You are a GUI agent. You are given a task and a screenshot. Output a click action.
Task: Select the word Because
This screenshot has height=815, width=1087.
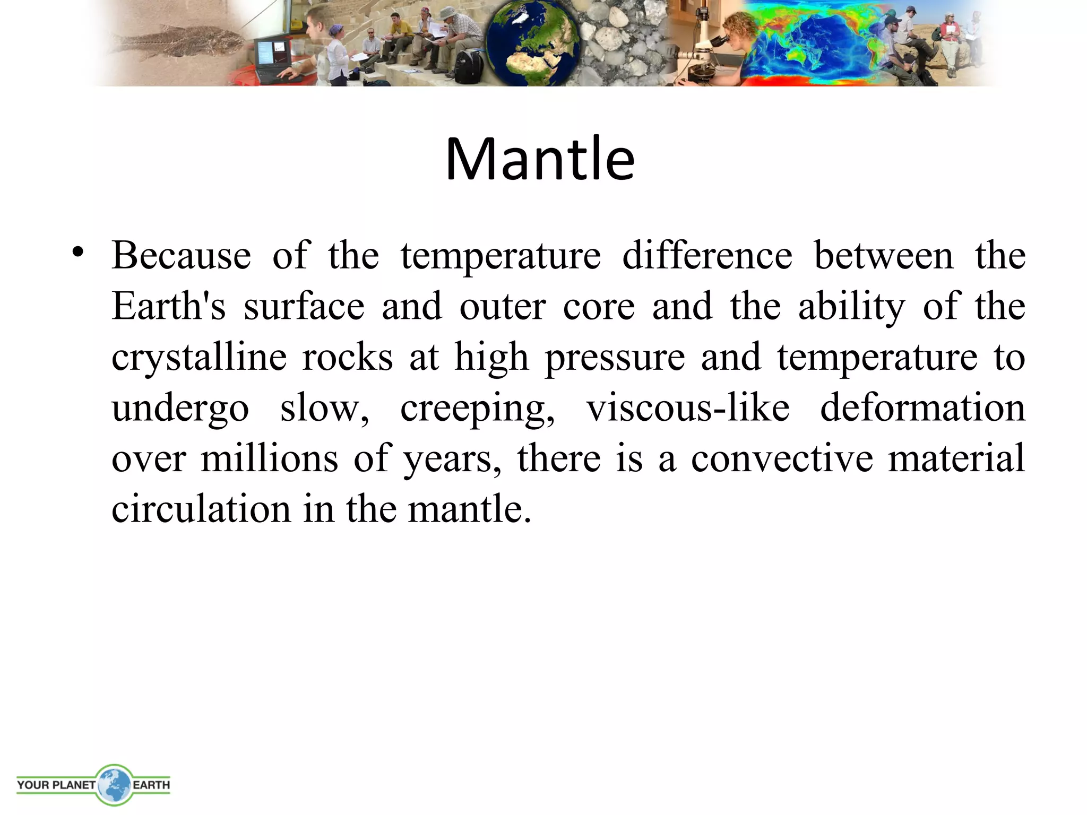tap(181, 256)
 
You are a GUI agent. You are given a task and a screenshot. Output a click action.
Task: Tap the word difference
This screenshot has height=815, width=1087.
tap(707, 256)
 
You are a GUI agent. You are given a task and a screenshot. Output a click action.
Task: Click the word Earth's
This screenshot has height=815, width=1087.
tap(169, 307)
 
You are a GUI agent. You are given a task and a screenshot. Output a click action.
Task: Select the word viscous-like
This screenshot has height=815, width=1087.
tap(688, 409)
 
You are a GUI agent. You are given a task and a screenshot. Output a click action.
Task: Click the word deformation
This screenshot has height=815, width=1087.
tap(922, 409)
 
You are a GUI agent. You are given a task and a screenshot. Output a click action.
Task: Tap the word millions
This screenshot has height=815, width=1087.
tap(269, 458)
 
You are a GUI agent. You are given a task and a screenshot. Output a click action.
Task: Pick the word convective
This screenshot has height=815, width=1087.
tap(782, 458)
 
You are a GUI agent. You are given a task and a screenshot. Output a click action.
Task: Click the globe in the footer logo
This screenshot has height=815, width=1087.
tap(114, 784)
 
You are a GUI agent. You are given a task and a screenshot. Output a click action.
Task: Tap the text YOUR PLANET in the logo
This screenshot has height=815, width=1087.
tap(56, 785)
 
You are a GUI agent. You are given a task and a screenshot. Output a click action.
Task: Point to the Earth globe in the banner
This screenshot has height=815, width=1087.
tap(532, 45)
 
